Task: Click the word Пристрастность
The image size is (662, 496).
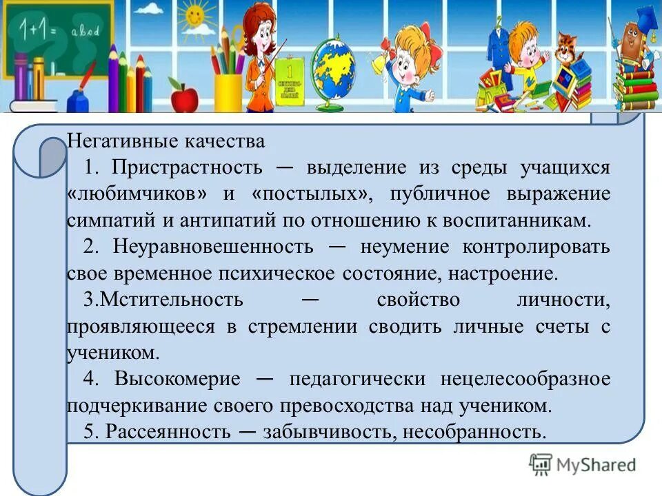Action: click(188, 167)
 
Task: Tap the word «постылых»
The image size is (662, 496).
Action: click(314, 194)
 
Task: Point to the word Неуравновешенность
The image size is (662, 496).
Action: click(213, 247)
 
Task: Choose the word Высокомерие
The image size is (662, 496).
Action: click(178, 379)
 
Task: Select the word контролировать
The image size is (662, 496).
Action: click(537, 247)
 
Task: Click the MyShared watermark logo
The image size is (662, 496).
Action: click(583, 464)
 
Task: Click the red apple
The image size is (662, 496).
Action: click(183, 98)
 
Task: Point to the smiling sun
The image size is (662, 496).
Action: click(196, 14)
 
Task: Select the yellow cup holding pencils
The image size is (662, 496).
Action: click(228, 92)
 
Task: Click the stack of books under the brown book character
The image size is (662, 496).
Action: click(634, 86)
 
